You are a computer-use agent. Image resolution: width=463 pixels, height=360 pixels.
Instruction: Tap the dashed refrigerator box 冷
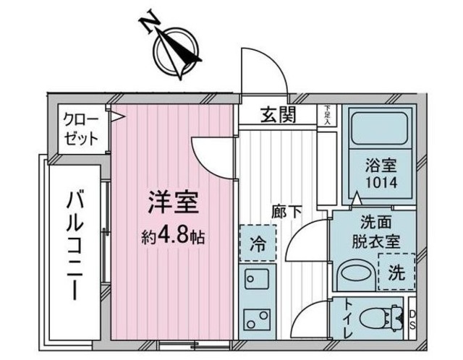pyautogui.click(x=257, y=242)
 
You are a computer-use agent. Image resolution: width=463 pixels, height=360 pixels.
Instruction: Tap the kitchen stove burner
pyautogui.click(x=257, y=319)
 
